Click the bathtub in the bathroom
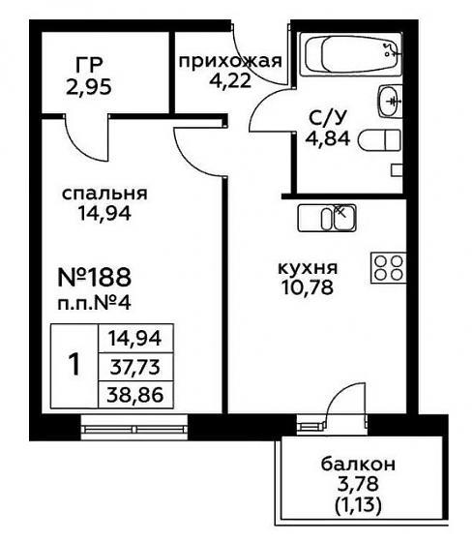pos(351,54)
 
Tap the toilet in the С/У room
pos(380,140)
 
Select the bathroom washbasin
pos(391,102)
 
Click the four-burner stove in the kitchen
pos(388,268)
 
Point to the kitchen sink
pos(327,218)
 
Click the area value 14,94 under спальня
pos(104,213)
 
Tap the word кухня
pos(308,268)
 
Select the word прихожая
pos(230,62)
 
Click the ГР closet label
pos(89,64)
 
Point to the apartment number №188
pos(95,277)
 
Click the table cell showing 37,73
pos(135,367)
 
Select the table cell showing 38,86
pos(135,395)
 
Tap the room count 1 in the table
pos(74,366)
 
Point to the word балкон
pos(358,465)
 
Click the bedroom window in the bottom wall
pos(134,428)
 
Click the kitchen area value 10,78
pos(308,287)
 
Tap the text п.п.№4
pos(94,304)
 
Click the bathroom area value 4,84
pos(328,138)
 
